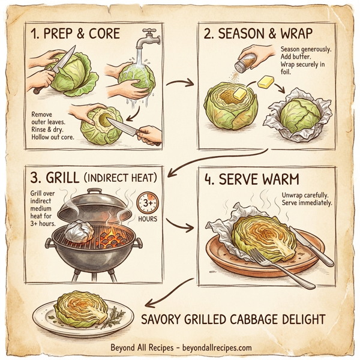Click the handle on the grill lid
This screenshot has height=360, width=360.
point(95,191)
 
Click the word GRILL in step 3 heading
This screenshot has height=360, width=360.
point(63,179)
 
